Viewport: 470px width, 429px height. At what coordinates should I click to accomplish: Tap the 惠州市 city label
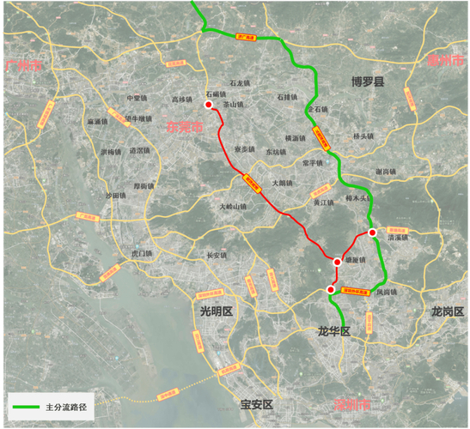[445, 60]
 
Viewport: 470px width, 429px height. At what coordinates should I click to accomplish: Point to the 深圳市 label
[352, 404]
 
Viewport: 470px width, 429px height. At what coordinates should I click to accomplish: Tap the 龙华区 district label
[334, 331]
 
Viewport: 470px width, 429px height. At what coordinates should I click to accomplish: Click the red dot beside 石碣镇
[208, 105]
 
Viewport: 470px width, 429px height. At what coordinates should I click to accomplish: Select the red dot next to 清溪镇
[372, 233]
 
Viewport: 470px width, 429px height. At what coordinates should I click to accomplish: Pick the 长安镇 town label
[217, 255]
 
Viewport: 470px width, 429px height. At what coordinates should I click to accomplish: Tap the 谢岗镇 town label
[385, 172]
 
